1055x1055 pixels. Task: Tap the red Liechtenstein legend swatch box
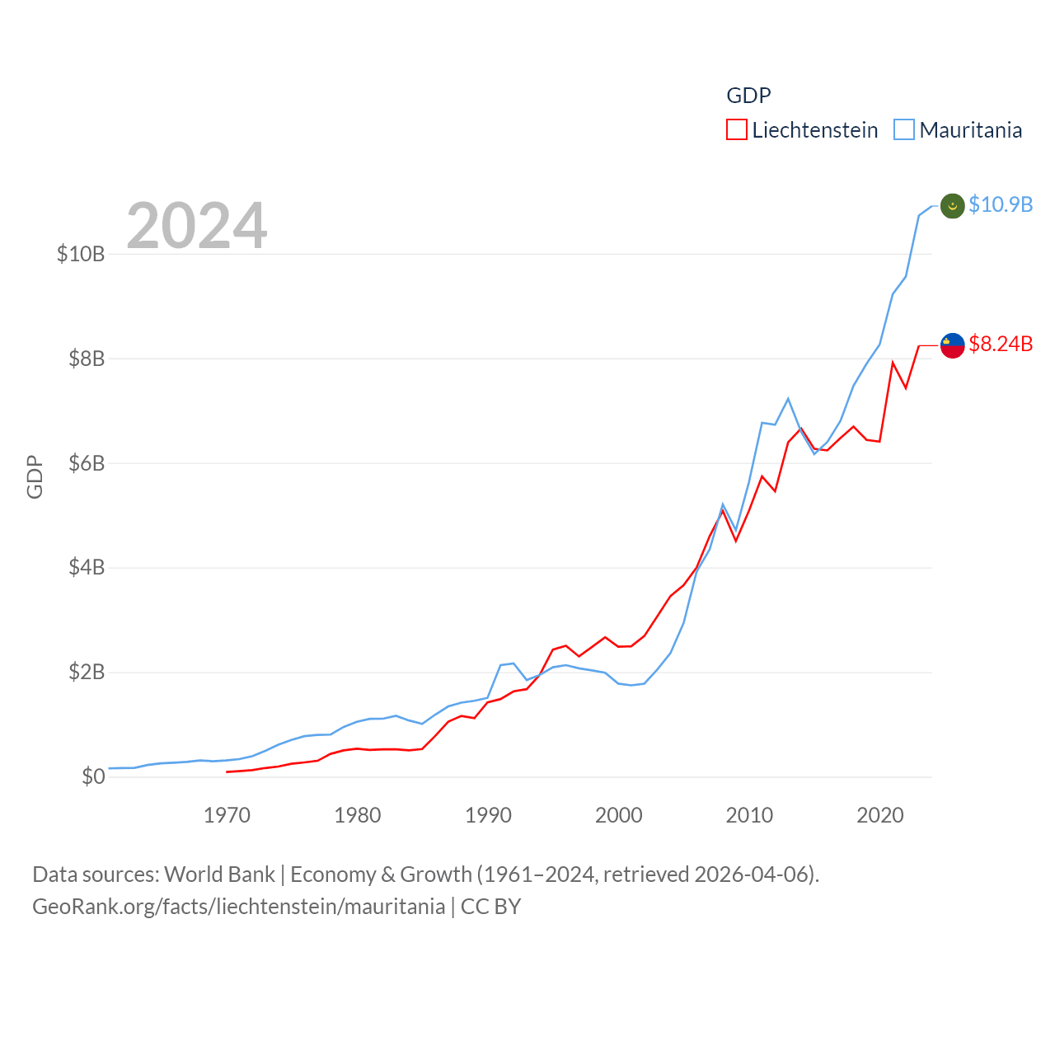tap(736, 130)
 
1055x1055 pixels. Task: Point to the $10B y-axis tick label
tap(81, 254)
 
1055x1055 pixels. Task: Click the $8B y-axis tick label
tap(87, 359)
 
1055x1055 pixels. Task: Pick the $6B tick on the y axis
tap(87, 463)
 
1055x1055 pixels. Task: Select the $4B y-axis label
tap(87, 567)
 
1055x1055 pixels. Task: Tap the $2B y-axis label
tap(87, 672)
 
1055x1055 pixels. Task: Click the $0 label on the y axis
tap(93, 776)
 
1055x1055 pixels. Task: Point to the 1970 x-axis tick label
tap(227, 815)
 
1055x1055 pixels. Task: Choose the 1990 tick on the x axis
tap(488, 815)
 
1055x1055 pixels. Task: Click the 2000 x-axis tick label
tap(618, 815)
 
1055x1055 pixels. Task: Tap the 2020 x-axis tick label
tap(880, 815)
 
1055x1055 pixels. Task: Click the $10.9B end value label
tap(1001, 204)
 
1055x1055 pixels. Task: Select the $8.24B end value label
tap(1001, 344)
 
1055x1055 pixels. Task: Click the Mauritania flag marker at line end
tap(953, 206)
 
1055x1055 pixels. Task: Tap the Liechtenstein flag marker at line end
tap(953, 345)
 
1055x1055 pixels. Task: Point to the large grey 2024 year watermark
tap(197, 225)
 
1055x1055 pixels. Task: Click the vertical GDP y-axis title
tap(35, 476)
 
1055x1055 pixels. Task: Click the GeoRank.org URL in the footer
tap(239, 907)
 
